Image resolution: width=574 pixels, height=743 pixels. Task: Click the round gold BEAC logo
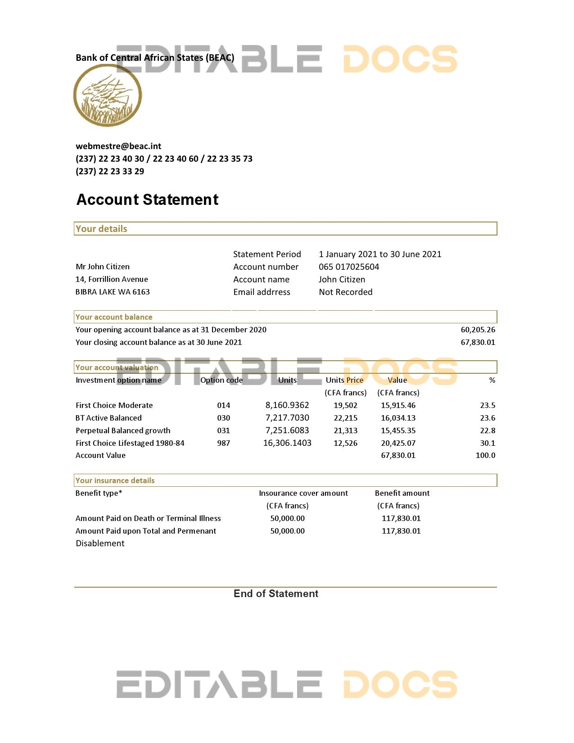pos(108,95)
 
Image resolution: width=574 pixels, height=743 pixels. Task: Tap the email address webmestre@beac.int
pos(118,146)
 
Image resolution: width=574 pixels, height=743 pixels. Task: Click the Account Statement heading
pos(147,199)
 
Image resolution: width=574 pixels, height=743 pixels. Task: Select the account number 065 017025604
pos(349,267)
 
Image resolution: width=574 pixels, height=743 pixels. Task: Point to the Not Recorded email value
pos(345,292)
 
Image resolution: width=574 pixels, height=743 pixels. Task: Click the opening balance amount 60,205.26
pos(478,330)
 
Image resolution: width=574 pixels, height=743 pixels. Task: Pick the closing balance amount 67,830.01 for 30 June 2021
pos(478,342)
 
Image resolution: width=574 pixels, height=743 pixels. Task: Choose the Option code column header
pos(221,380)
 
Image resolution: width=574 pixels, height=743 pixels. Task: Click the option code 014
pos(223,405)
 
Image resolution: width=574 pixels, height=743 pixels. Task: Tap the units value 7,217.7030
pos(287,418)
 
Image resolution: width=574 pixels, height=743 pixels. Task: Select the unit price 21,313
pos(345,430)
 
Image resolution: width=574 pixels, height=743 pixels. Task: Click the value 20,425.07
pos(398,443)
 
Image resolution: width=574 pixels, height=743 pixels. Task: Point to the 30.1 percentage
pos(487,443)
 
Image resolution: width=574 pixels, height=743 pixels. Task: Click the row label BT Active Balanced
pos(108,418)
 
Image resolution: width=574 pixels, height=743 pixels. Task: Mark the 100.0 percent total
pos(485,455)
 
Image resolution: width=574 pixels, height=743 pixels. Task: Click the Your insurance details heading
pos(115,480)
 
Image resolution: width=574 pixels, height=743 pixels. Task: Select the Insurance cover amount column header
pos(303,493)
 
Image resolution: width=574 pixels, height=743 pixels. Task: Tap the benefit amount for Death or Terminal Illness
pos(401,518)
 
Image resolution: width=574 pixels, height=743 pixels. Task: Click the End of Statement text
pos(276,593)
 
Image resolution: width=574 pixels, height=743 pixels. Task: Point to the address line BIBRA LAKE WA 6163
pos(113,292)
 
